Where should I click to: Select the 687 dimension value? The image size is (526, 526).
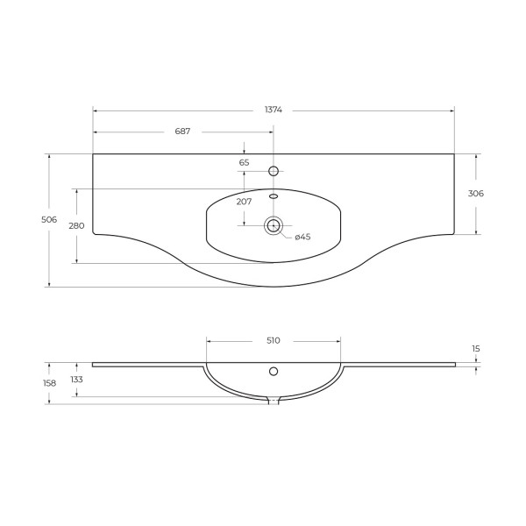[182, 131]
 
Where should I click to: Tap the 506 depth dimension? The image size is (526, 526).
[49, 219]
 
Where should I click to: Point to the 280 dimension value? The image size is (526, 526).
[76, 226]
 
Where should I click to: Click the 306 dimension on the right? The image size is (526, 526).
[476, 194]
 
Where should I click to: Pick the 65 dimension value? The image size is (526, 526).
[244, 162]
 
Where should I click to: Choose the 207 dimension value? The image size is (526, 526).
[244, 202]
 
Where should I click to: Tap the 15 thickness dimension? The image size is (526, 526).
[476, 349]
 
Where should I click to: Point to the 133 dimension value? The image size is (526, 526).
[76, 380]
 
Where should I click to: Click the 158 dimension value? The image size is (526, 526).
[49, 383]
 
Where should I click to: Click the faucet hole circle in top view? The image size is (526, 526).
[274, 171]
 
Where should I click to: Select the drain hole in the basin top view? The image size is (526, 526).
[274, 226]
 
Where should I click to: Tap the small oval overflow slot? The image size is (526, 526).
[274, 196]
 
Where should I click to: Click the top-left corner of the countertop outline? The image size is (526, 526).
[93, 154]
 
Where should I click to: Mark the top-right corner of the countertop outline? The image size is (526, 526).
[454, 154]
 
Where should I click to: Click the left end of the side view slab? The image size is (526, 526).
[94, 365]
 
